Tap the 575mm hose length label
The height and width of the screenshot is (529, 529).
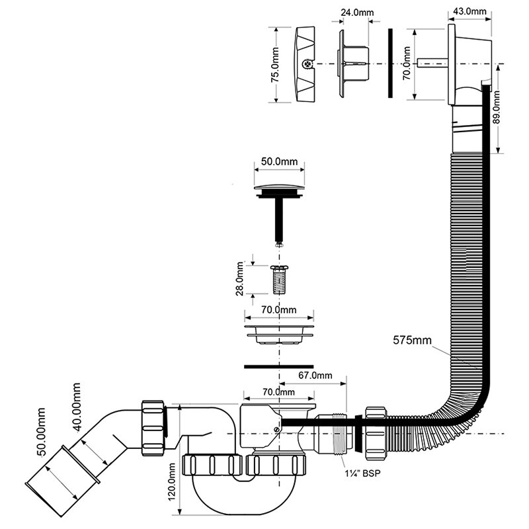pos(414,341)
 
